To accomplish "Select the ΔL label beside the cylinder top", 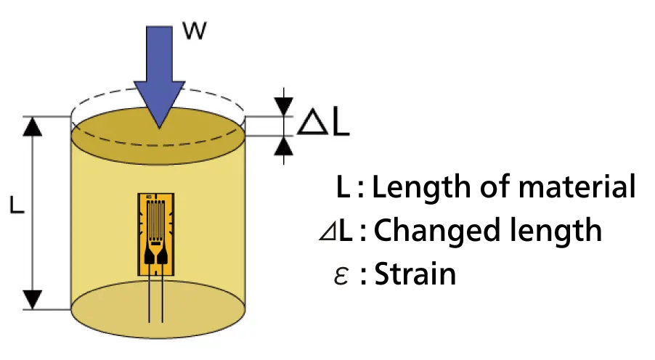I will [324, 123].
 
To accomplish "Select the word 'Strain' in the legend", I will [415, 274].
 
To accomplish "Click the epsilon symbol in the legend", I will [341, 276].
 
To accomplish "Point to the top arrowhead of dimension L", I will [32, 126].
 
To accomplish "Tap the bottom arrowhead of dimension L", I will [32, 298].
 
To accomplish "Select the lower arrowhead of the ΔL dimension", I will [283, 146].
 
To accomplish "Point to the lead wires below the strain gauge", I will [155, 298].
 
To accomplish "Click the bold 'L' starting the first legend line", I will [343, 188].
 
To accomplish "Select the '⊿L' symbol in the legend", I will [335, 232].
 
